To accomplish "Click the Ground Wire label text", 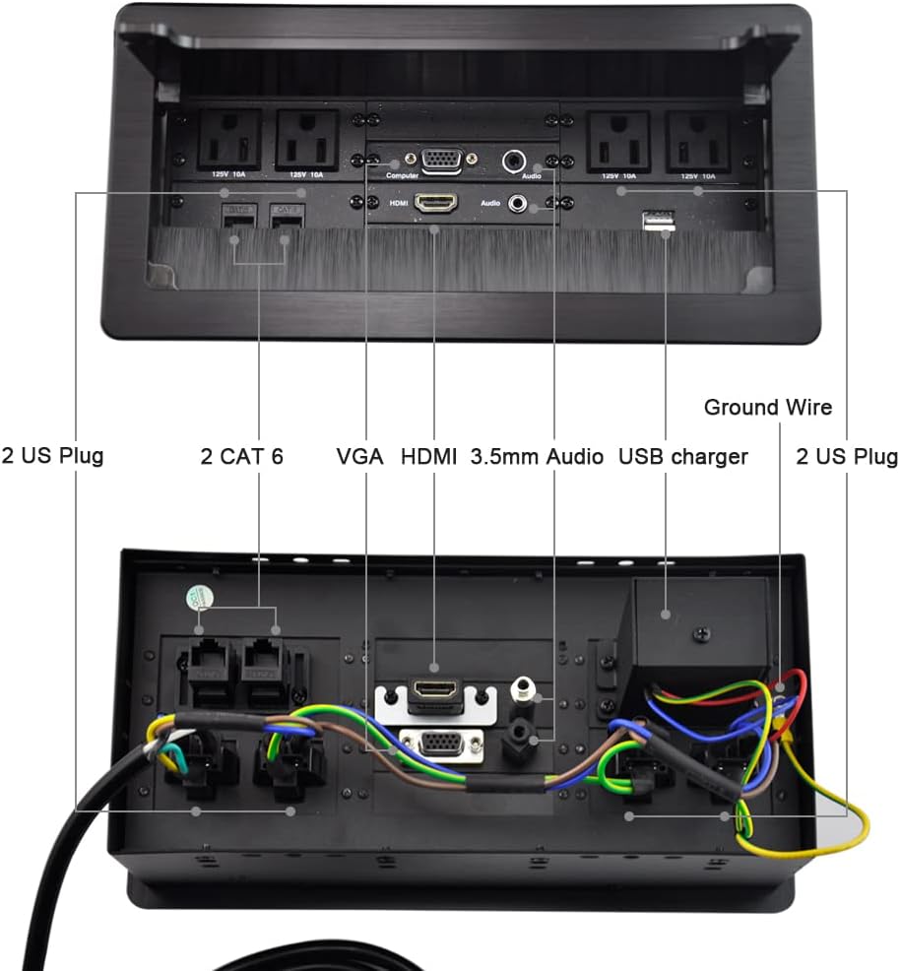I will pos(768,407).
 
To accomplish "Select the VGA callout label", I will pos(359,457).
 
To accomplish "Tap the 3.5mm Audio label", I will pos(537,457).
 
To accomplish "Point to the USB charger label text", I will pos(683,457).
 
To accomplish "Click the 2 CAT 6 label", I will pos(241,457).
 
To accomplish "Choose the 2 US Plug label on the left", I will pos(52,457).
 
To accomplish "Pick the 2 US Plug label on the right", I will pos(846,457).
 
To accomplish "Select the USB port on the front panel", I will pos(657,224).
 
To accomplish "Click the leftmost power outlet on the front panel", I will pos(229,140).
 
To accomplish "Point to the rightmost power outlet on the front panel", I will pos(699,139).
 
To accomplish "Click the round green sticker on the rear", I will pos(199,600).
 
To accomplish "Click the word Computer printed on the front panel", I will pos(402,174).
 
